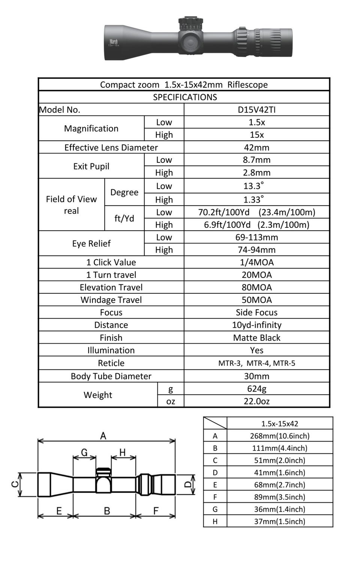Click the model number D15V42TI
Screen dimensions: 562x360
coord(256,110)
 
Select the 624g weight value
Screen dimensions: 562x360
coord(256,389)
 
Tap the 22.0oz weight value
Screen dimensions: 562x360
coord(256,401)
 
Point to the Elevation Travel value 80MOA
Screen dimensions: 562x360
coord(256,287)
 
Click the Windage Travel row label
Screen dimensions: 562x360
coord(111,300)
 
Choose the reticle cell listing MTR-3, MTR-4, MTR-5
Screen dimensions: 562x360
coord(256,363)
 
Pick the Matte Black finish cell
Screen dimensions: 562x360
coord(256,338)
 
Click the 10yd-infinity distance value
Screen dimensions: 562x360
coord(256,325)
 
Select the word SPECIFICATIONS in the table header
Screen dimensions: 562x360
coord(185,97)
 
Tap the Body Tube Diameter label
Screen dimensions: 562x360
coord(111,376)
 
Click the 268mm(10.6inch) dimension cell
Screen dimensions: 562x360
coord(280,436)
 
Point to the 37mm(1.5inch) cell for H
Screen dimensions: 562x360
coord(280,521)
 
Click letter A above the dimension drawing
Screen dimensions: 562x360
coord(103,436)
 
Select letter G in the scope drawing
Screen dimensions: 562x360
coord(84,452)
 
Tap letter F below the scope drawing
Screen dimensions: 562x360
coord(156,511)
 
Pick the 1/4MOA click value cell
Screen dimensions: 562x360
coord(256,262)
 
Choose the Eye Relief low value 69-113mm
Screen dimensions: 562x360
coord(256,237)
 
